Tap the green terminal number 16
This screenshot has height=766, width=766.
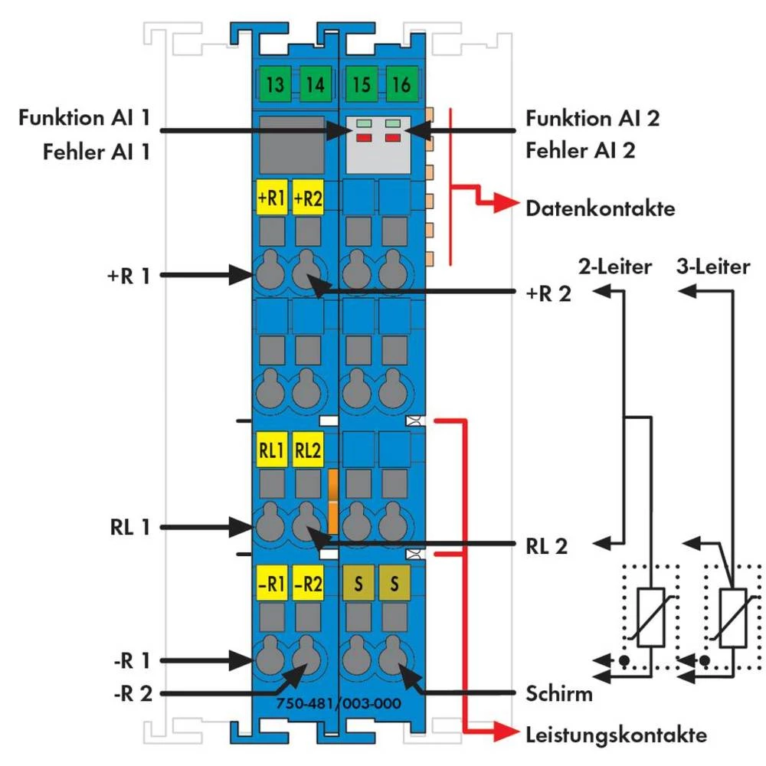tap(401, 83)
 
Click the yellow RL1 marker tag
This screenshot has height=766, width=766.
tap(270, 450)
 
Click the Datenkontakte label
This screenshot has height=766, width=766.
tap(601, 208)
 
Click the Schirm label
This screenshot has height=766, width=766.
tap(559, 694)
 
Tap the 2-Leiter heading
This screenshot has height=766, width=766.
tap(614, 267)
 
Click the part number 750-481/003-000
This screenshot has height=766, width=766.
tap(337, 705)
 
